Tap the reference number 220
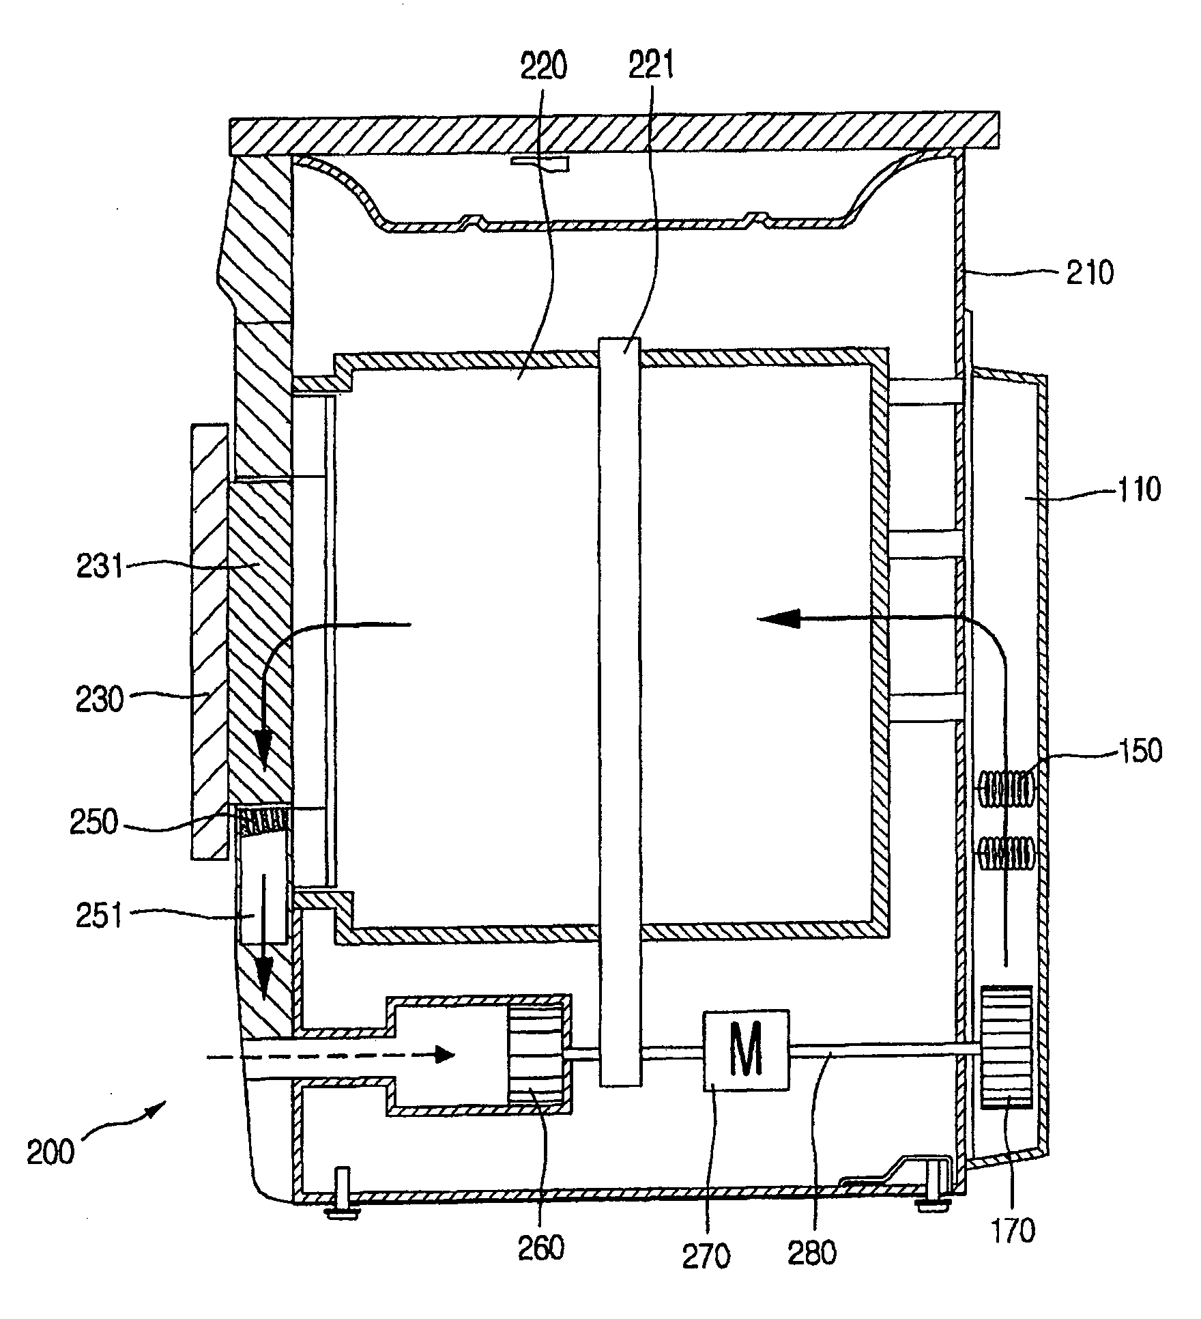coord(544,68)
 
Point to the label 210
coord(1090,273)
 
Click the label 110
coord(1138,490)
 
